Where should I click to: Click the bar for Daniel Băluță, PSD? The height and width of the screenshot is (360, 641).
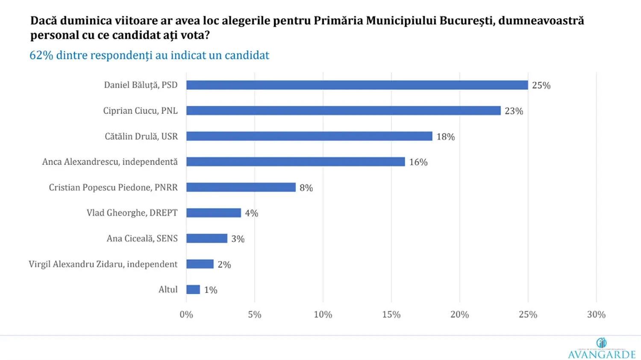point(357,85)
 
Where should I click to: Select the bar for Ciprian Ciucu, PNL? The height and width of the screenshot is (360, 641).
point(343,111)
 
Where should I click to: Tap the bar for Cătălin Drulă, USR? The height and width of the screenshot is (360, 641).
point(309,136)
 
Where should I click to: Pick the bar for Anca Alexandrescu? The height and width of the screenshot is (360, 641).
point(295,162)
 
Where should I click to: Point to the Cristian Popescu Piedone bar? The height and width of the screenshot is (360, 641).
point(241,187)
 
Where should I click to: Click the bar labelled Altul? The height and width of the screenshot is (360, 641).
point(193,290)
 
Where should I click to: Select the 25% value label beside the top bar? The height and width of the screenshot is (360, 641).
point(541,85)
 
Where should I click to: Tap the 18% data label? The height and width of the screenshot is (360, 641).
point(445,137)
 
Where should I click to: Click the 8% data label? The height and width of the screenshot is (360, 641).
point(306,188)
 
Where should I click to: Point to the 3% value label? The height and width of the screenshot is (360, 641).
point(238,239)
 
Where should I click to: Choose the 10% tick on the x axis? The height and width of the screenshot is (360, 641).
point(323,315)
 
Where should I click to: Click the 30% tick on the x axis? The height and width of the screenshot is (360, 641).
point(596,315)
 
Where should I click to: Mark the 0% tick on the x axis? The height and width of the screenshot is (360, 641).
point(186,315)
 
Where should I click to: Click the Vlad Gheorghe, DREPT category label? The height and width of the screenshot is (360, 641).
point(132,213)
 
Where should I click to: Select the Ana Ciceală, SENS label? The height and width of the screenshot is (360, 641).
point(142,238)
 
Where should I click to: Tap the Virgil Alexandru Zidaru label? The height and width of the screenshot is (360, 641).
point(103,264)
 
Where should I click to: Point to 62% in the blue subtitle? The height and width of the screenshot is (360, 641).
point(41,56)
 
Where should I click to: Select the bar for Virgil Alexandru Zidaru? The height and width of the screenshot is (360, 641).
point(200,264)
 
